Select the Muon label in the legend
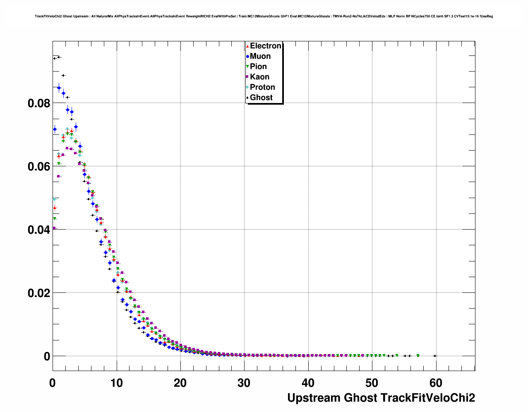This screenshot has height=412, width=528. tap(260, 56)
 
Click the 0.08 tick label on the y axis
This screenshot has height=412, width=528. tap(39, 103)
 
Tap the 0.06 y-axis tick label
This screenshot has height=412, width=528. tap(39, 166)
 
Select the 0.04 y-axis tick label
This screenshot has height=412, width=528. tap(39, 230)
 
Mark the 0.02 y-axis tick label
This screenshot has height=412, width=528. tap(39, 293)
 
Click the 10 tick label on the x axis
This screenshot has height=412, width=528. tap(116, 383)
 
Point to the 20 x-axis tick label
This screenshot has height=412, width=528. tap(180, 383)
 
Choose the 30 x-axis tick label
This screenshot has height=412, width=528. tap(244, 383)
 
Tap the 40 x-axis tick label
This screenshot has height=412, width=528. tap(308, 383)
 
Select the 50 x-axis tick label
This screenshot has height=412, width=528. tap(372, 383)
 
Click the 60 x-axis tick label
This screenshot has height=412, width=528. tap(436, 383)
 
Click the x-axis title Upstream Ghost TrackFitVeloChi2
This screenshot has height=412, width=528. tap(381, 398)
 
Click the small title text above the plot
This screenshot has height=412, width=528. tap(264, 17)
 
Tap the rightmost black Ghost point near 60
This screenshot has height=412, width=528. tap(434, 356)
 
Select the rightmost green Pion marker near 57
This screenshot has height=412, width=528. tap(418, 355)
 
